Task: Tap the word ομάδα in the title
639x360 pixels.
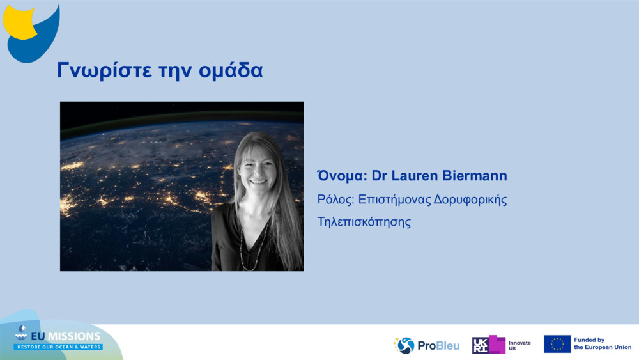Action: click(x=231, y=70)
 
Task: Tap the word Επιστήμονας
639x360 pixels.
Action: click(x=394, y=200)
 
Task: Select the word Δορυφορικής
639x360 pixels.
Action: click(x=470, y=200)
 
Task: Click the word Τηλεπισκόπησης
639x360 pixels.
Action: click(x=364, y=222)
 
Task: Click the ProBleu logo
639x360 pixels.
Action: click(x=426, y=345)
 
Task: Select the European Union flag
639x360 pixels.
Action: click(x=557, y=344)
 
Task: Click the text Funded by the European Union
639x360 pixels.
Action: click(x=603, y=343)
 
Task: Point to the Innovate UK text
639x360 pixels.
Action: click(x=520, y=346)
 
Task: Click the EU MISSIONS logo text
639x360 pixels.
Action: click(x=65, y=336)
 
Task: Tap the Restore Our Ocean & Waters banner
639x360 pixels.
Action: click(x=58, y=347)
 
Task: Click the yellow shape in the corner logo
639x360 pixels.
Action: click(x=18, y=22)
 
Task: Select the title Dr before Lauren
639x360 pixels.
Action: click(x=379, y=176)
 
